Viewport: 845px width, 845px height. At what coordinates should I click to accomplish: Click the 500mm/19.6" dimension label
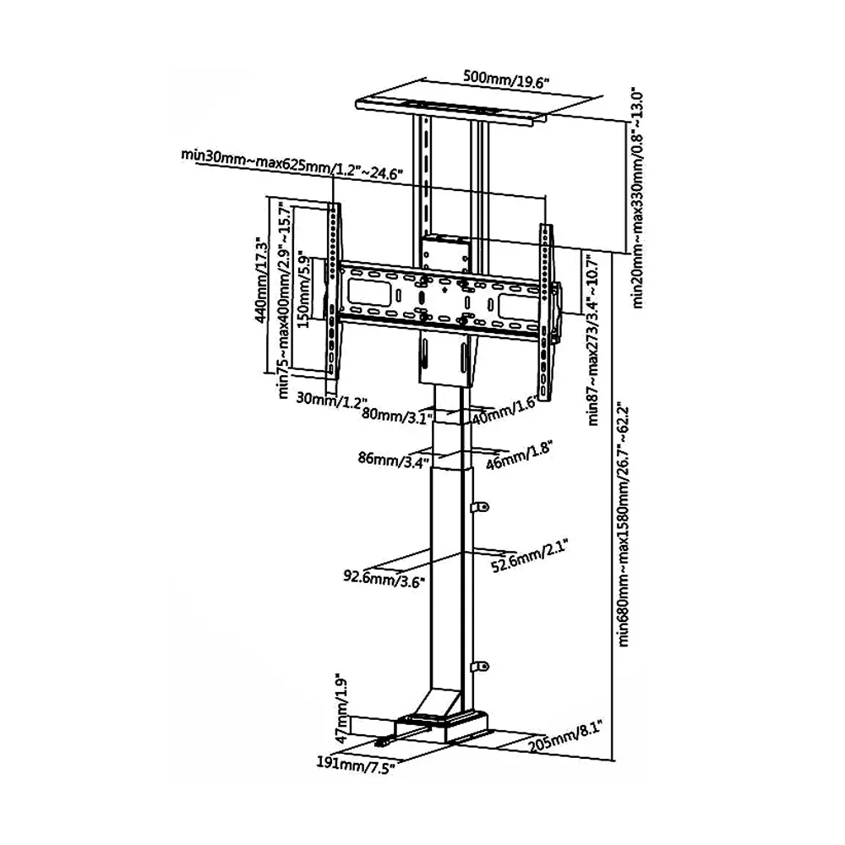point(506,79)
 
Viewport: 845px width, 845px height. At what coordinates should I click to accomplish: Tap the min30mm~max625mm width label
point(292,163)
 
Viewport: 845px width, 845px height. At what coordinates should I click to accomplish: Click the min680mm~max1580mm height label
point(624,524)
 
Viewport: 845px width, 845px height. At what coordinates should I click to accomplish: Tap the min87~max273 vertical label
point(594,338)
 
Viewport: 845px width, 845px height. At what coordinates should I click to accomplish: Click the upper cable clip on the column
point(481,507)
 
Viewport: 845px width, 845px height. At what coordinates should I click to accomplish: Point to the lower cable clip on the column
point(481,668)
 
